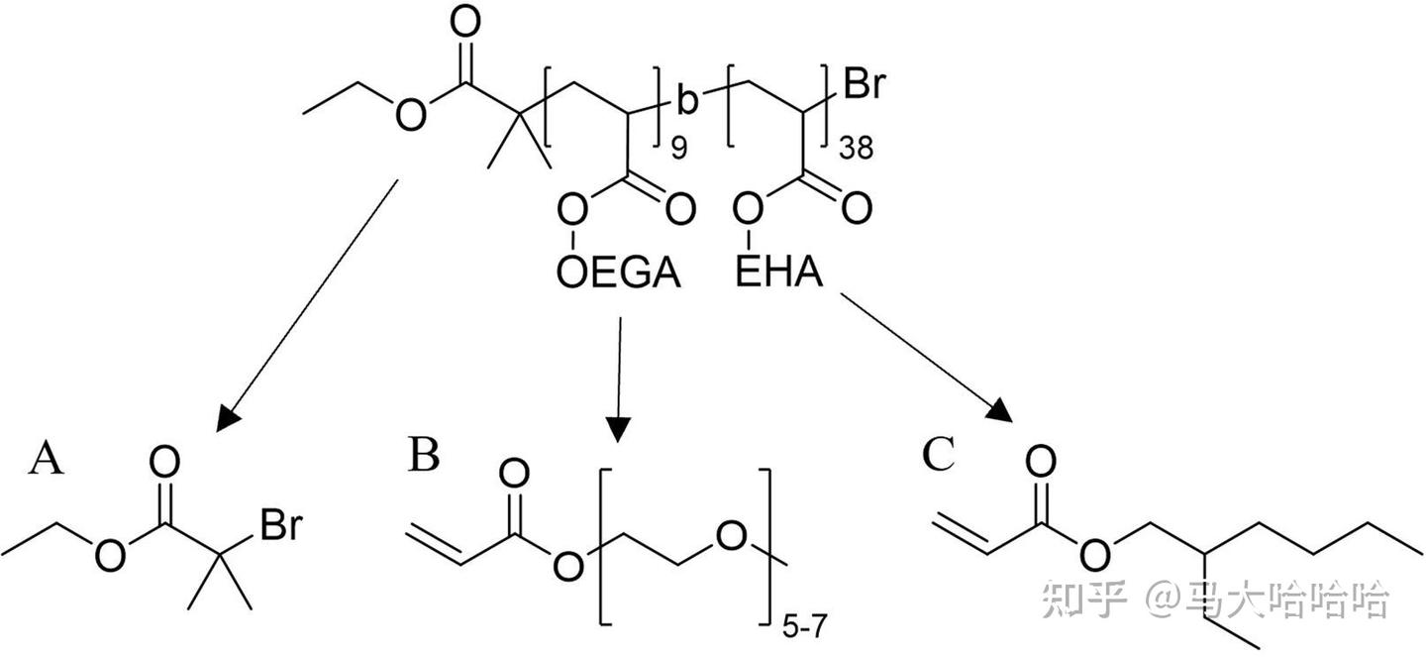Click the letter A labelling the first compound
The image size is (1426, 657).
tap(48, 459)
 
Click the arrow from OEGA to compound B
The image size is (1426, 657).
tap(618, 382)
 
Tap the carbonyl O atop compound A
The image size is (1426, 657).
tap(166, 461)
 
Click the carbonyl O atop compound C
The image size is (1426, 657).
tap(1040, 461)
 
